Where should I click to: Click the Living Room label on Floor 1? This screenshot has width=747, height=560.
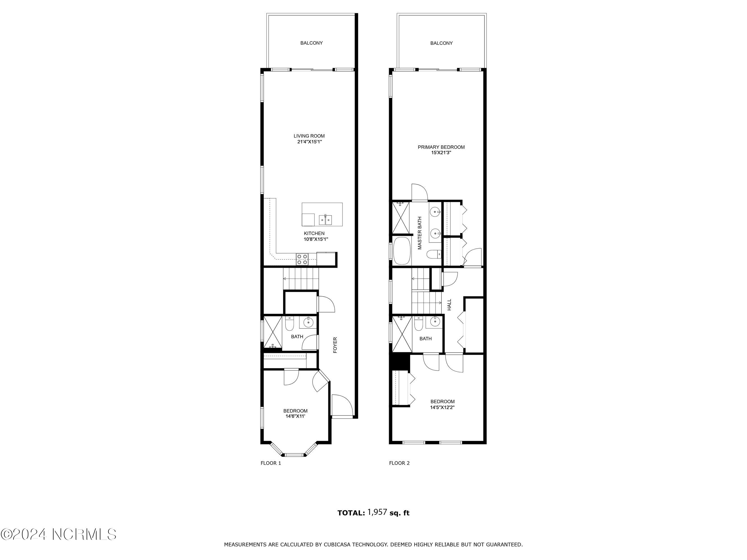click(x=309, y=136)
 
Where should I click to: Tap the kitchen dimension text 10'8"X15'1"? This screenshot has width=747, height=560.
click(x=316, y=239)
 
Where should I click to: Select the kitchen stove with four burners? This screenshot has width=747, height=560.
click(x=302, y=259)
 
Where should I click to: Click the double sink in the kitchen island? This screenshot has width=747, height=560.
click(x=325, y=220)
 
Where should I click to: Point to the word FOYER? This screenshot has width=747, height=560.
click(x=335, y=345)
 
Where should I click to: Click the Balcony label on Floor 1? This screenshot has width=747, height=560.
click(x=311, y=43)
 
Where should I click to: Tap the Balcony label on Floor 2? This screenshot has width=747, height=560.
click(x=441, y=43)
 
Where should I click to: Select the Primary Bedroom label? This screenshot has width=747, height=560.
click(x=441, y=147)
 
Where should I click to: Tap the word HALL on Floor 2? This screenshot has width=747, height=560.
click(x=449, y=305)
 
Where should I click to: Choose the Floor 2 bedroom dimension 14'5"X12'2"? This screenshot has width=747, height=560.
click(x=442, y=407)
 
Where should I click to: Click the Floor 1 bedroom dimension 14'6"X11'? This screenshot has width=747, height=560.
click(x=295, y=416)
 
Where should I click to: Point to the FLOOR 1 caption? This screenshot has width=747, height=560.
click(x=271, y=463)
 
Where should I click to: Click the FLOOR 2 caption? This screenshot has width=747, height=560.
click(x=399, y=463)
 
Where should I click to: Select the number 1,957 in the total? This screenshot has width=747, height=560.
click(x=377, y=512)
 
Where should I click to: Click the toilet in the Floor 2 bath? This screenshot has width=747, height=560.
click(x=418, y=324)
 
